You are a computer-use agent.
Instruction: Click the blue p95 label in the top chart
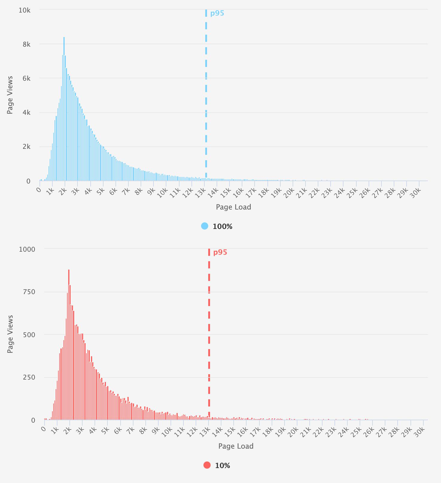[x=217, y=13]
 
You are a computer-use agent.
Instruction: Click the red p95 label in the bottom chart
[x=220, y=252]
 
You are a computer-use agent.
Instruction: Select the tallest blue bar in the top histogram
[x=64, y=109]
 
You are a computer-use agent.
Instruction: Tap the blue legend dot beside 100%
[x=205, y=226]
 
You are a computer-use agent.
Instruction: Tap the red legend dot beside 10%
[x=207, y=465]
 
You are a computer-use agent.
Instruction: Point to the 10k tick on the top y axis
[x=25, y=10]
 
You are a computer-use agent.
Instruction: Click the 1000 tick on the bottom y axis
[x=27, y=249]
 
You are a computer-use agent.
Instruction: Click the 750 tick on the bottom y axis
[x=29, y=292]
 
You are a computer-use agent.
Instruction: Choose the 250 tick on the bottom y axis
[x=29, y=377]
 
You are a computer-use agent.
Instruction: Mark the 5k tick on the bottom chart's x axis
[x=105, y=429]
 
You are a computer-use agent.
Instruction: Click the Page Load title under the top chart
[x=233, y=207]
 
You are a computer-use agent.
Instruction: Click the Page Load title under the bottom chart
[x=236, y=446]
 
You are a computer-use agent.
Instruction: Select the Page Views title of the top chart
[x=10, y=95]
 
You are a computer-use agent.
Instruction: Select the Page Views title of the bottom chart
[x=10, y=334]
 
